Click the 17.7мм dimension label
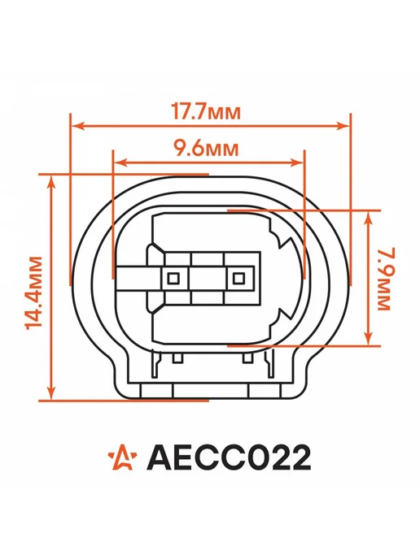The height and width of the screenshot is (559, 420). pyautogui.click(x=206, y=111)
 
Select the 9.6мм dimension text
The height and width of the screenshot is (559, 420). pyautogui.click(x=206, y=148)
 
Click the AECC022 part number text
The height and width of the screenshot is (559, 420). pyautogui.click(x=229, y=457)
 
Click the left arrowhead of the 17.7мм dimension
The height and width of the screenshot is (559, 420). pyautogui.click(x=78, y=125)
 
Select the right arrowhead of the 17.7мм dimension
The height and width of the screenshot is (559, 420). pyautogui.click(x=343, y=125)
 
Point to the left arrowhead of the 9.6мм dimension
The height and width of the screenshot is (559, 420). pyautogui.click(x=120, y=162)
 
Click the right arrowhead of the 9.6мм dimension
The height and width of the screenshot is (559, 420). pyautogui.click(x=297, y=162)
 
